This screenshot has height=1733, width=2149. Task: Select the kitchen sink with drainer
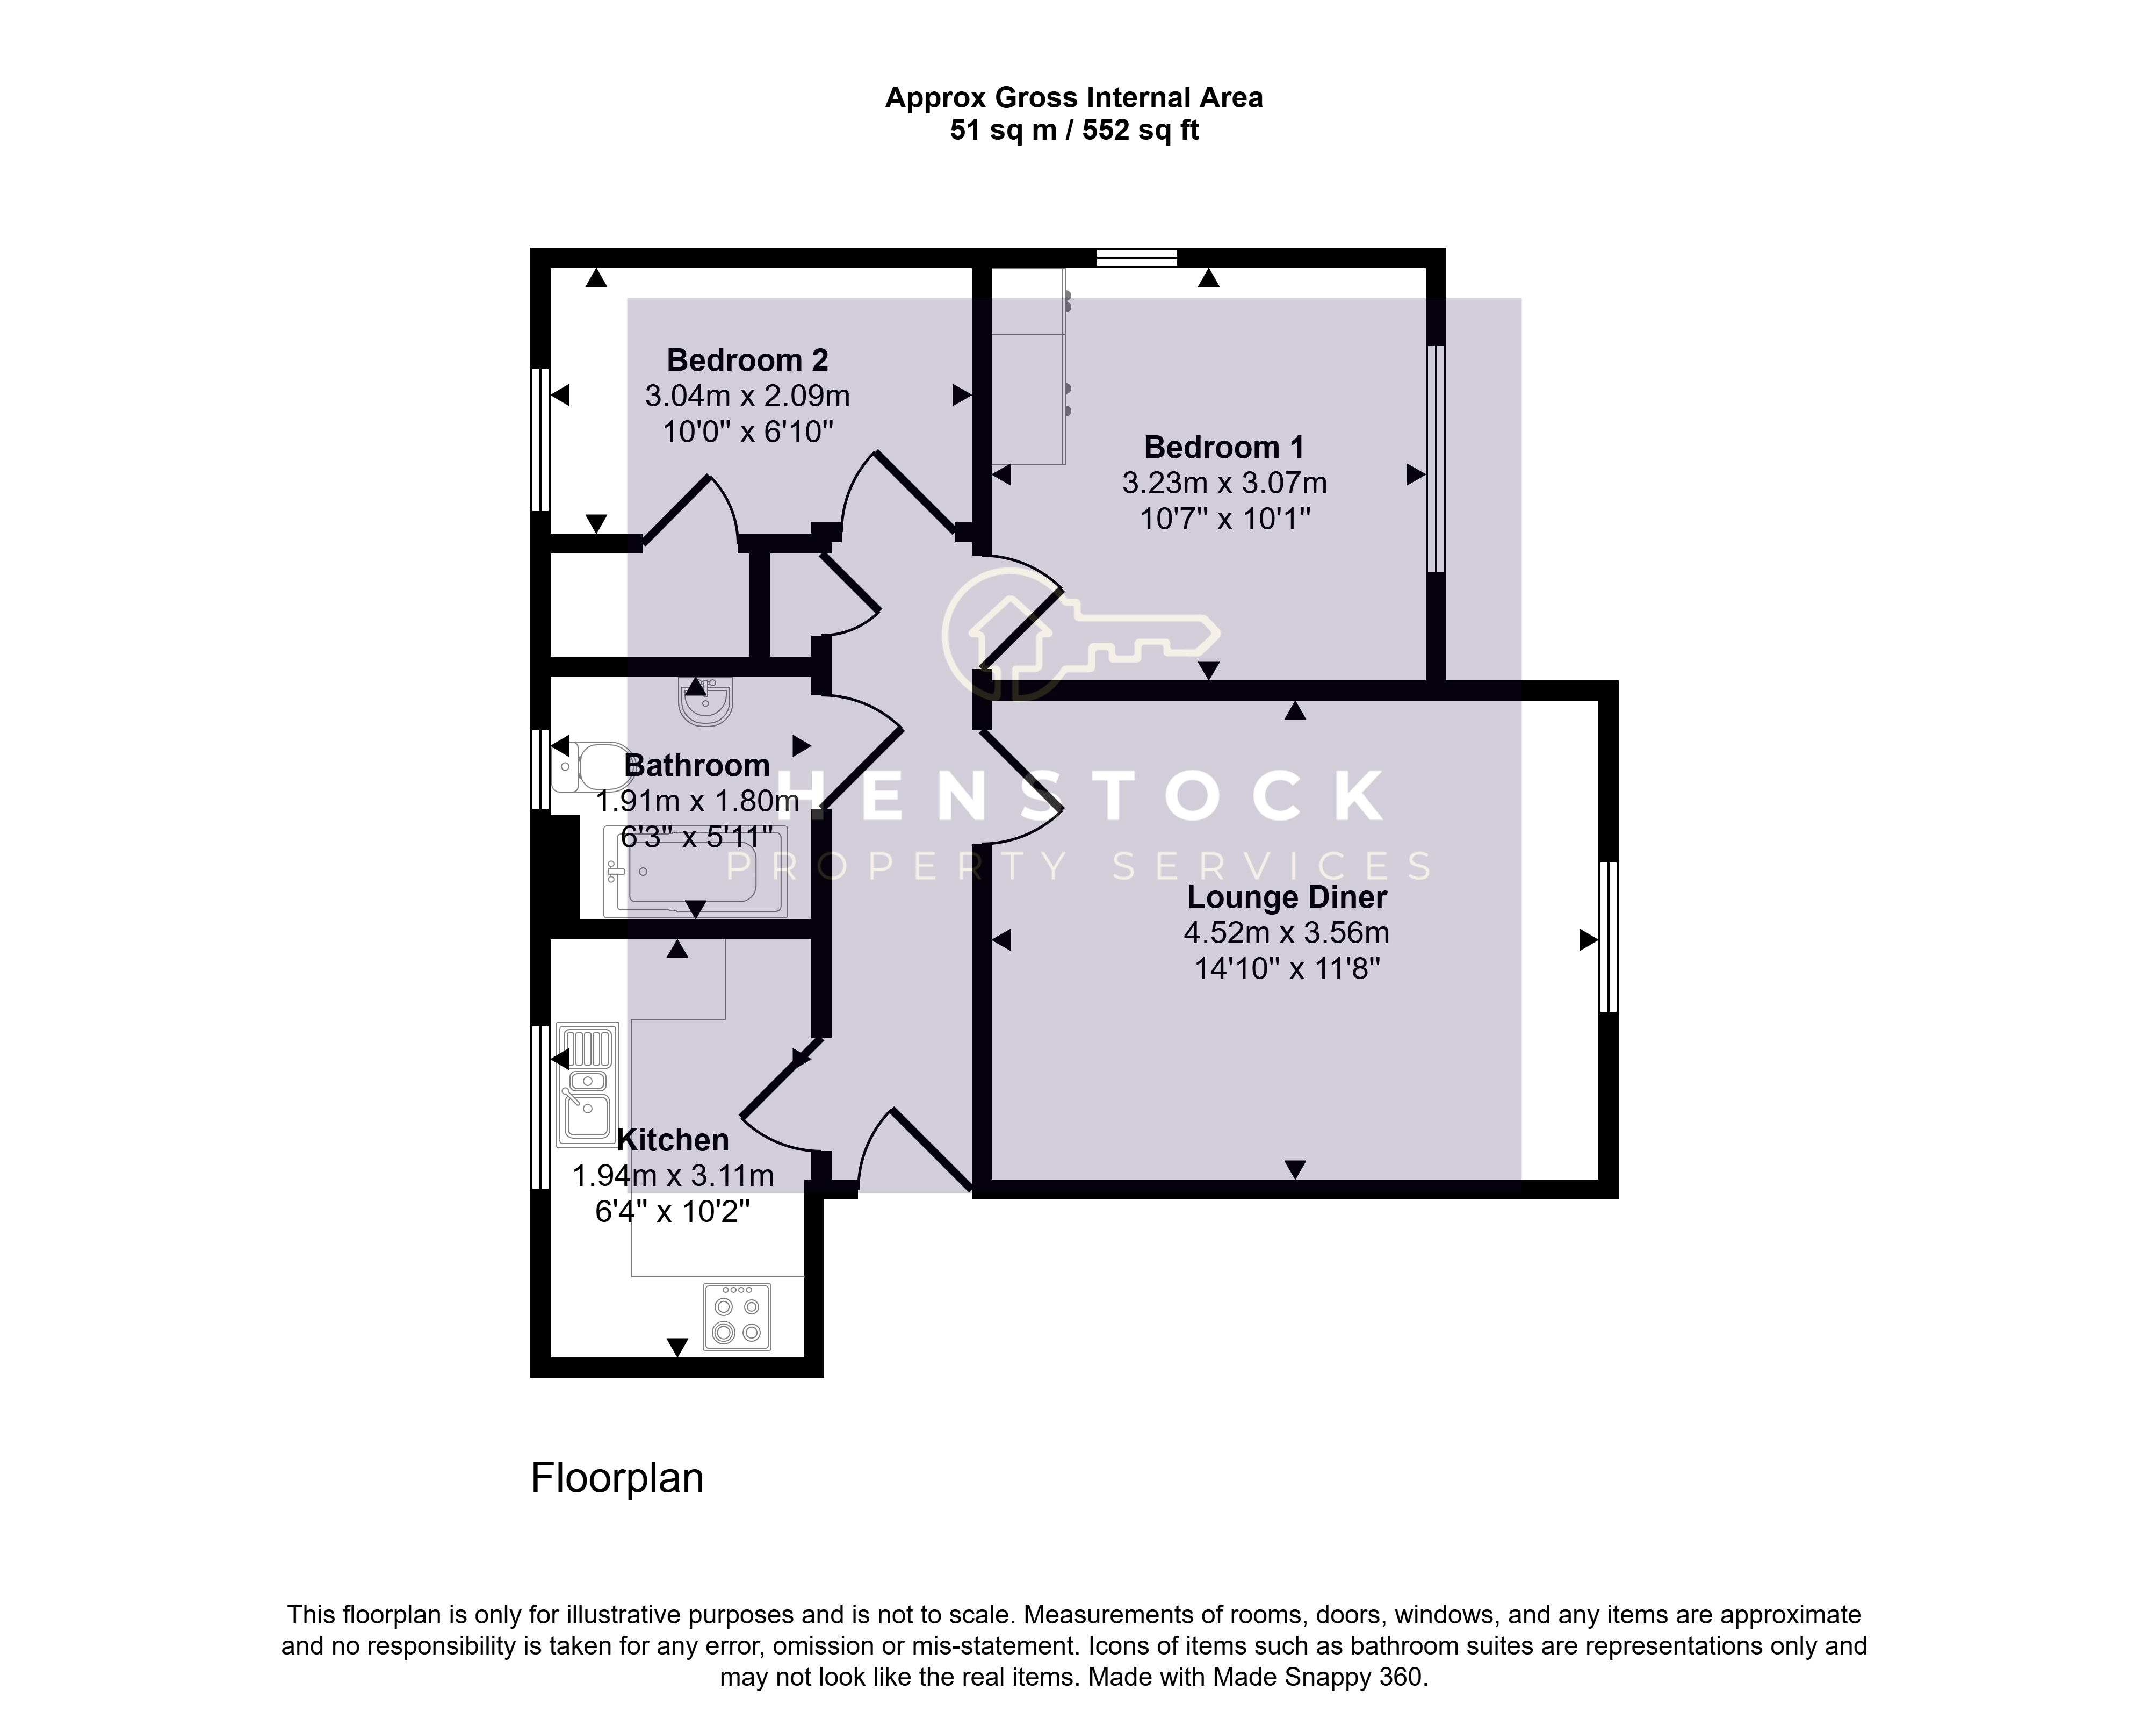tap(587, 1083)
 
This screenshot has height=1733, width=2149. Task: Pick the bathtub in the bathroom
tap(696, 872)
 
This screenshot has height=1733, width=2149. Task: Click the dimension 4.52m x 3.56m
tap(1287, 932)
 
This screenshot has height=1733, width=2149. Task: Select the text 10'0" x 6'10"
tap(748, 432)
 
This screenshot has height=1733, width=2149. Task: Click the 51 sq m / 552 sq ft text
tap(1074, 130)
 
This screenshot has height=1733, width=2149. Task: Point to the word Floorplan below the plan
tap(617, 1477)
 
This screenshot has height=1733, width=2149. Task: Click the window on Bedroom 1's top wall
tap(1137, 257)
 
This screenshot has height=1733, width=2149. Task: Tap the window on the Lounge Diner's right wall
tap(1608, 937)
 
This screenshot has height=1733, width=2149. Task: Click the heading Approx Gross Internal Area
tap(1074, 98)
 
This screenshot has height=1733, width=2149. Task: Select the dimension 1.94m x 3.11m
tap(673, 1176)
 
